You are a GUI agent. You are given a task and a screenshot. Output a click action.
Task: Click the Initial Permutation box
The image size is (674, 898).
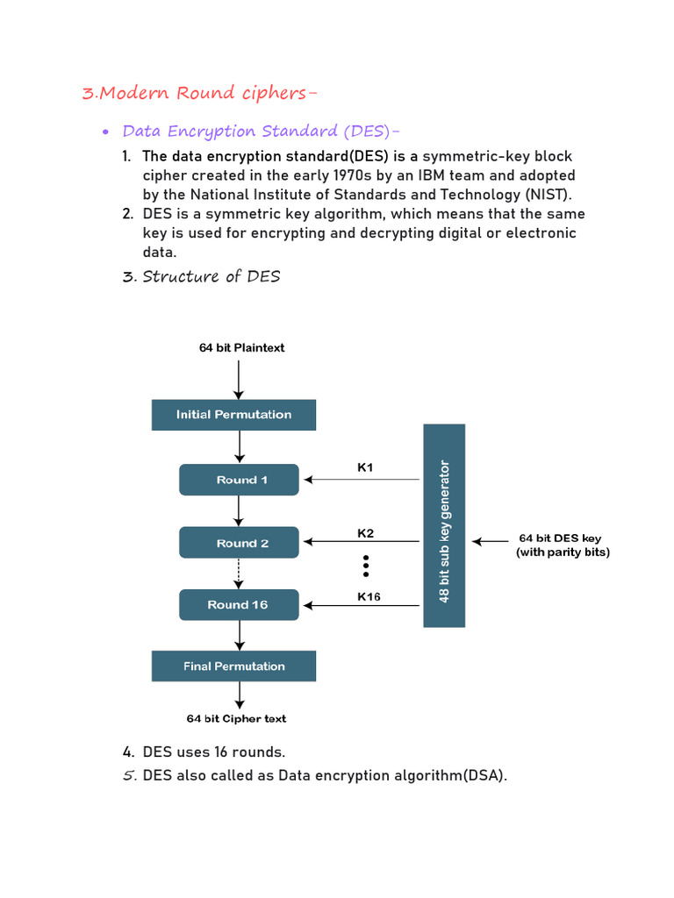pos(233,415)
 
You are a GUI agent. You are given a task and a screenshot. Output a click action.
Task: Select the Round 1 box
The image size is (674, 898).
pos(239,480)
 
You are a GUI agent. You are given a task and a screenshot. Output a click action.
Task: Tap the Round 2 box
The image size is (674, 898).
pos(239,542)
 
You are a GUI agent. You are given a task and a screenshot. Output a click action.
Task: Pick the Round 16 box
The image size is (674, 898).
pos(239,605)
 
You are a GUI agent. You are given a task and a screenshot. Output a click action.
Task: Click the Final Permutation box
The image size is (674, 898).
pos(233,666)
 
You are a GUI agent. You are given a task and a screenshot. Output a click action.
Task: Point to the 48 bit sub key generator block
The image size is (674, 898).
pos(444,526)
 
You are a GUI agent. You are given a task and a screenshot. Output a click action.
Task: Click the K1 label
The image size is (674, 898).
pos(365,467)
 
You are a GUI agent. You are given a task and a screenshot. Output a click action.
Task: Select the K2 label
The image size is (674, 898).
pos(366,533)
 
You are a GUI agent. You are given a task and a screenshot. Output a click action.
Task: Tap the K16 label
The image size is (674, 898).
pos(369,596)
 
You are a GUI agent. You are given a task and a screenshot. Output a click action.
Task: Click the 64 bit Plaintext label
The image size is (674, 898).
pos(242,347)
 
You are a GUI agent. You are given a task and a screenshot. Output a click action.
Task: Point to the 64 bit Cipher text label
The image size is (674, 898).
pos(236,719)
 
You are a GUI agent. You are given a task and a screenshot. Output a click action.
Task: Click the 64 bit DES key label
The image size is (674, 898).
pos(560,538)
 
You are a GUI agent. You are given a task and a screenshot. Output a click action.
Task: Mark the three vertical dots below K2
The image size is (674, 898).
pos(366,566)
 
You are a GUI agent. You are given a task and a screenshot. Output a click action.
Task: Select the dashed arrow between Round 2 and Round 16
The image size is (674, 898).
pos(239,574)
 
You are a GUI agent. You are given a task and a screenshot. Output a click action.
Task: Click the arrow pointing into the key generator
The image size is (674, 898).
pos(490,541)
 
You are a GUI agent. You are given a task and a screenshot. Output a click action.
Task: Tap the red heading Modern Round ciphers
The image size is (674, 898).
pos(199,93)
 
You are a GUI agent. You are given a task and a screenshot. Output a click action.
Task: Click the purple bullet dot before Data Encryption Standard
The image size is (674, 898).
pos(105,132)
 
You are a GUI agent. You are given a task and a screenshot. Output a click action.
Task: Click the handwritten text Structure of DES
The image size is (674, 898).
pos(211,276)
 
